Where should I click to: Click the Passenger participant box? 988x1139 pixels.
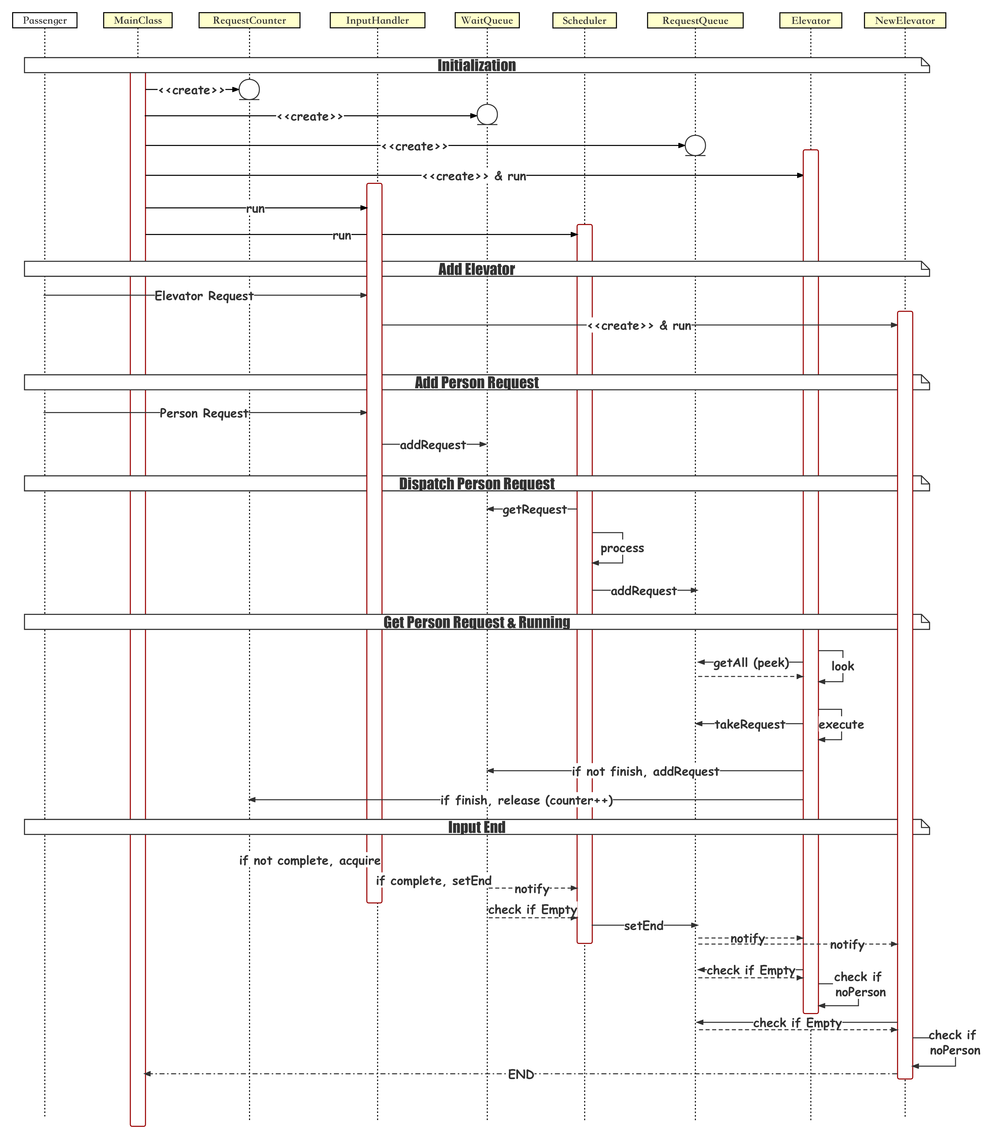(45, 20)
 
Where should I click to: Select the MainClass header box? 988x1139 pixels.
(138, 20)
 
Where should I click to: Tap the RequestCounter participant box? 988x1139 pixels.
(249, 20)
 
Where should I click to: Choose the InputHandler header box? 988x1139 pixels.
(377, 20)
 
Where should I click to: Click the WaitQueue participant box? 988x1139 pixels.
(487, 20)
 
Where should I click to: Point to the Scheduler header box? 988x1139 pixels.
(585, 20)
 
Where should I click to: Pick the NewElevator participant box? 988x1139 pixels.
(905, 20)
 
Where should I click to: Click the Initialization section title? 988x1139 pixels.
(476, 65)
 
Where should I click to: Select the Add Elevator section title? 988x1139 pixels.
(476, 269)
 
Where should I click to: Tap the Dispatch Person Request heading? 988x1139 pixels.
(476, 484)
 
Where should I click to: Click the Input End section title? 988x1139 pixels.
(476, 827)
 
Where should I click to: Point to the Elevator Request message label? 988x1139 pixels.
(204, 296)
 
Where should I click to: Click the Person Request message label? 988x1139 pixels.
(204, 413)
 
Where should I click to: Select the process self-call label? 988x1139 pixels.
(622, 548)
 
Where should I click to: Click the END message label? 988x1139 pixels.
(521, 1074)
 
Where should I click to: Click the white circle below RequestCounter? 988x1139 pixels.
(249, 89)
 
